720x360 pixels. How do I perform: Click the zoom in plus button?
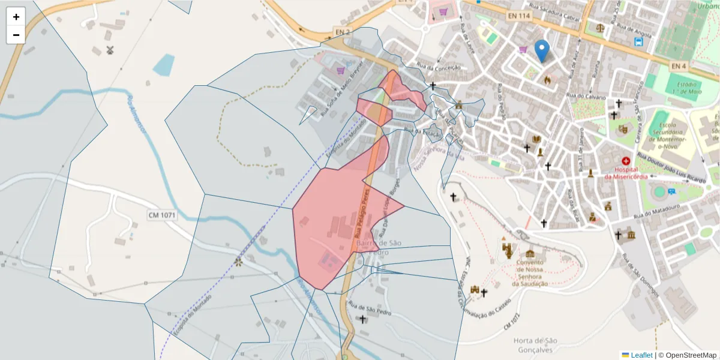16,17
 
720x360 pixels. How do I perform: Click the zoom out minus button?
16,35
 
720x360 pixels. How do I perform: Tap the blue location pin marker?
542,50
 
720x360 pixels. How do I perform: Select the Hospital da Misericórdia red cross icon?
626,161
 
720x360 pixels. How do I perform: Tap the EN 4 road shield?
679,65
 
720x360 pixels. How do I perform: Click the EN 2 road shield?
342,31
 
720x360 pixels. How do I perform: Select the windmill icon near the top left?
109,50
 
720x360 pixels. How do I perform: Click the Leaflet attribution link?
641,355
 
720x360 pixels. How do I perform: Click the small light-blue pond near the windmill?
164,65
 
